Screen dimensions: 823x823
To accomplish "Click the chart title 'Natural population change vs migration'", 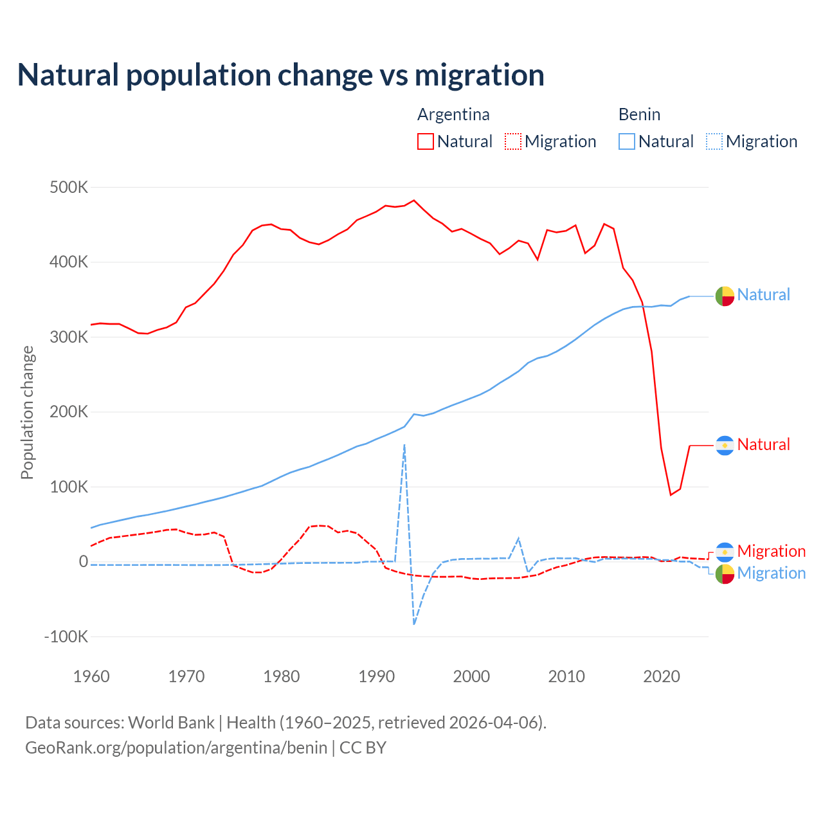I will (280, 75).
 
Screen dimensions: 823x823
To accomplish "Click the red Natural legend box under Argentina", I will (426, 141).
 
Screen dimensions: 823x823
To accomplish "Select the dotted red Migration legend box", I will (513, 141).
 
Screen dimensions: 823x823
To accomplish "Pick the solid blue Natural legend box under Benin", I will (627, 141).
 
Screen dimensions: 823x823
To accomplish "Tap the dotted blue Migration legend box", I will (714, 141).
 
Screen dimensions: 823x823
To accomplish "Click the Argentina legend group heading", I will (453, 114).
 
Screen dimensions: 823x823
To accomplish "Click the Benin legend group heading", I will (639, 114).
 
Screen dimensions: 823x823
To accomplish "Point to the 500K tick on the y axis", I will (69, 188).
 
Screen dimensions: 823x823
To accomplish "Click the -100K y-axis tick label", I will (66, 637).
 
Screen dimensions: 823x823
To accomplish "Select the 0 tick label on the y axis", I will (84, 561).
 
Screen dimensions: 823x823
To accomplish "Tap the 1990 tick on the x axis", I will (376, 676).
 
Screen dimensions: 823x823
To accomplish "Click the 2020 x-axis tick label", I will (662, 676).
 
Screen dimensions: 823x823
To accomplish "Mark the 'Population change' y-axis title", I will (27, 412).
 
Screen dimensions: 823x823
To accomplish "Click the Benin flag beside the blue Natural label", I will (725, 296).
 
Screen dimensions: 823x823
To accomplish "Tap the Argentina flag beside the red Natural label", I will (725, 445).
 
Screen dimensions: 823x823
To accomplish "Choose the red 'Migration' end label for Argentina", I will (771, 551).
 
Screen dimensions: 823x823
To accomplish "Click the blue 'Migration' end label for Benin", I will (771, 573).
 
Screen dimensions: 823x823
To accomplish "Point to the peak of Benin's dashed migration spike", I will (404, 444).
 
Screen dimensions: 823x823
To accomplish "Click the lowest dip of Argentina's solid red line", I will (671, 494).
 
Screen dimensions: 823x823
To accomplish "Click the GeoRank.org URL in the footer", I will (176, 748).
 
